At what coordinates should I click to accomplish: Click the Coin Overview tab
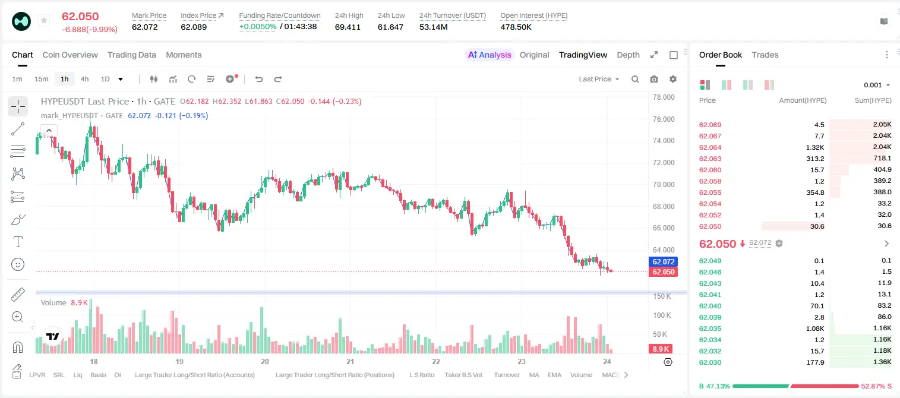[x=70, y=55]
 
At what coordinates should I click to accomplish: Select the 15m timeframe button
[x=42, y=79]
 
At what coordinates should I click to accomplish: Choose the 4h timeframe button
[x=84, y=79]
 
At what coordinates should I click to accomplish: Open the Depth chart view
[x=628, y=55]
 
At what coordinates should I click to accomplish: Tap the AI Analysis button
[x=490, y=55]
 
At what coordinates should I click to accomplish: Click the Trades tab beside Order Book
[x=765, y=55]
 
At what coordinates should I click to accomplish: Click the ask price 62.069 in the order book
[x=710, y=125]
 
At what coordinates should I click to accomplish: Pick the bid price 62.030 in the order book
[x=710, y=362]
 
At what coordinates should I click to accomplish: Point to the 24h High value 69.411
[x=348, y=27]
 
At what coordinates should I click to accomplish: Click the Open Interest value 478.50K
[x=516, y=27]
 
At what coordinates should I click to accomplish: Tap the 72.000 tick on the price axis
[x=664, y=163]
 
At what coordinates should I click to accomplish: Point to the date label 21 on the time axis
[x=350, y=361]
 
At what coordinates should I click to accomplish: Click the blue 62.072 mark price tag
[x=664, y=262]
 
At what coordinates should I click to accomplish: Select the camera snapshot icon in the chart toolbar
[x=654, y=79]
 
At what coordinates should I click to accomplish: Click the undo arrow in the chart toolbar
[x=259, y=79]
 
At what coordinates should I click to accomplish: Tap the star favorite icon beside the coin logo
[x=44, y=20]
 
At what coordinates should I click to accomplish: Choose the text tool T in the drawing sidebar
[x=18, y=242]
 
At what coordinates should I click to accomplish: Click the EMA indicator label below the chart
[x=554, y=375]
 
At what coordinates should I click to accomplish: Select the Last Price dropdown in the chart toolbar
[x=599, y=79]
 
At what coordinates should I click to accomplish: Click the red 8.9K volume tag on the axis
[x=661, y=349]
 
